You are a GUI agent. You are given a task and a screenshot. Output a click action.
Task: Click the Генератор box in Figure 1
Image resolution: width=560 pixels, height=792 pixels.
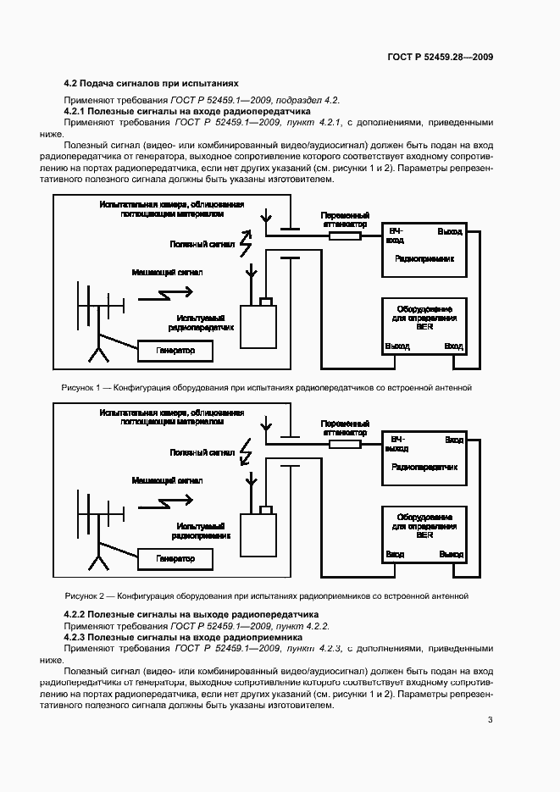175,350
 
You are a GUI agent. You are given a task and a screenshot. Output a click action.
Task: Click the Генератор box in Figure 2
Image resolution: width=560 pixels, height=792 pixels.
175,559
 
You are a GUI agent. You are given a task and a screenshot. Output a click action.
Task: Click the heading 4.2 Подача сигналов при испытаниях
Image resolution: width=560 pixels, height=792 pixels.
152,84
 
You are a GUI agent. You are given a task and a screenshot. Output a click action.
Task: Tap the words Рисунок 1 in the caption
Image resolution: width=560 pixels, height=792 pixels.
80,387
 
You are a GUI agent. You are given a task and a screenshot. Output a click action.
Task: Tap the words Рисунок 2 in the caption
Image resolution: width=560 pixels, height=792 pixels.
84,595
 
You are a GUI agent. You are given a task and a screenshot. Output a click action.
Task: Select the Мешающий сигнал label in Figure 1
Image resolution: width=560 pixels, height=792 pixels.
167,272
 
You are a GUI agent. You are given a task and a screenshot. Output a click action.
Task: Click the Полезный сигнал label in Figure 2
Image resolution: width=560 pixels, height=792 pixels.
202,452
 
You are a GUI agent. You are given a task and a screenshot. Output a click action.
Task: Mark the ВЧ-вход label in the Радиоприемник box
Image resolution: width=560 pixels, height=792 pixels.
395,235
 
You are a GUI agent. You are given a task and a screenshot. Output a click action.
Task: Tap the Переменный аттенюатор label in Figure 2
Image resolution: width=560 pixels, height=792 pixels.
345,427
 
